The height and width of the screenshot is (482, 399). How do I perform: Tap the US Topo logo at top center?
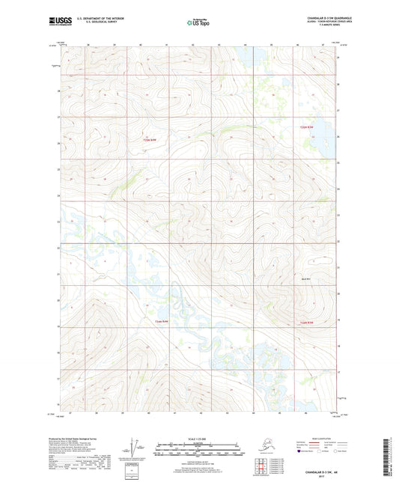[x=198, y=22]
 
